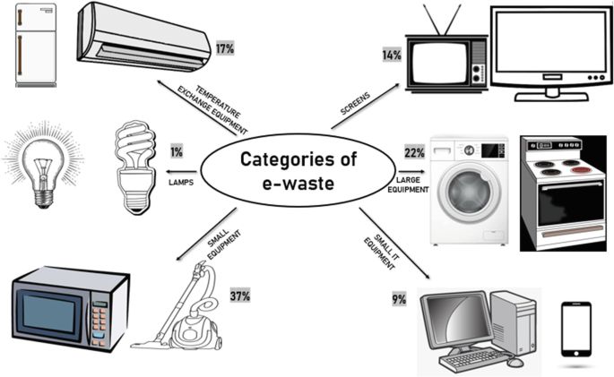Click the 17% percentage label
pos(224,47)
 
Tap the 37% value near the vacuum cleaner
pos(239,295)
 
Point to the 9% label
pos(399,299)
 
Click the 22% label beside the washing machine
pos(414,152)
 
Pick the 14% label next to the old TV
pos(391,56)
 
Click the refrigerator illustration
pos(35,44)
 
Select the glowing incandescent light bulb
pos(41,166)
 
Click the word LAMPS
pos(180,181)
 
